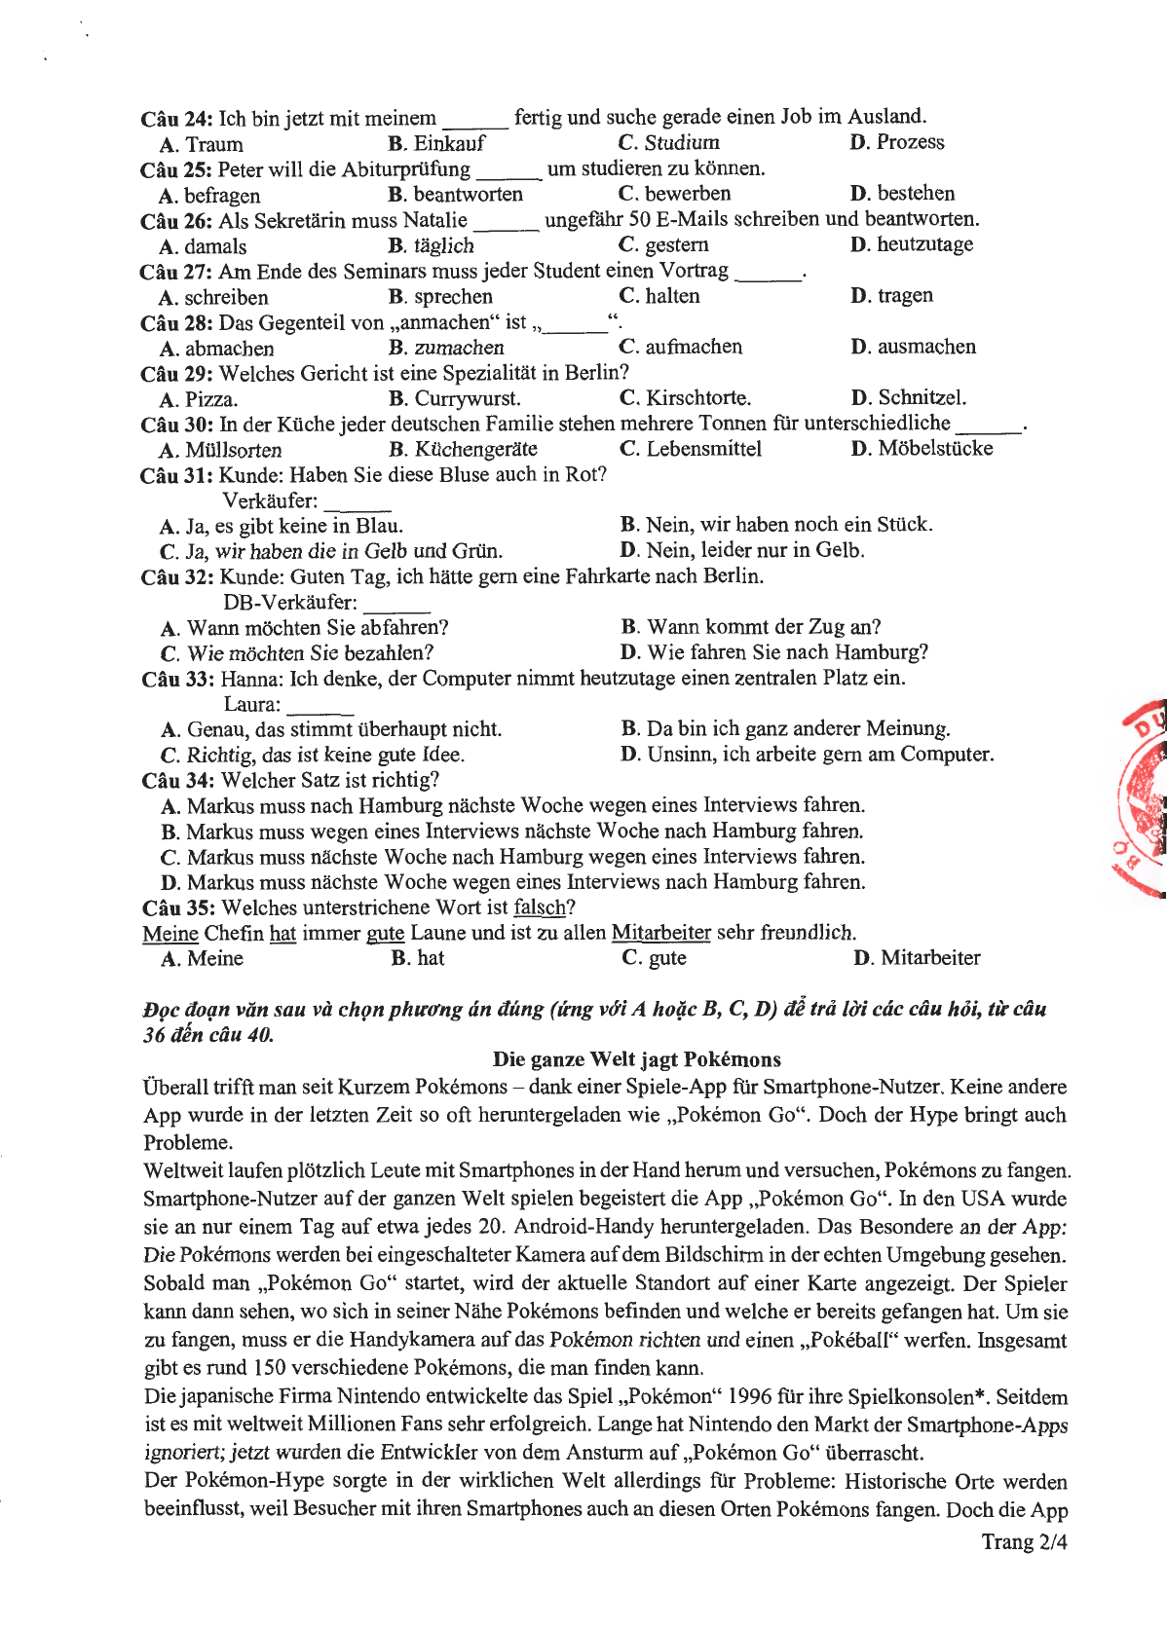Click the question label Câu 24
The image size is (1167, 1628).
(176, 119)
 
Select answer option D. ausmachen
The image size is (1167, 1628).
(913, 347)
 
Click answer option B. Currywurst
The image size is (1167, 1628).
(454, 398)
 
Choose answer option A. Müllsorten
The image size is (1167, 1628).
(221, 450)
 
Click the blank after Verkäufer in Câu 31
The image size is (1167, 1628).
(358, 503)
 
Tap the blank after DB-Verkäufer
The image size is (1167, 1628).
(396, 605)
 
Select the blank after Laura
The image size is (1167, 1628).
(320, 706)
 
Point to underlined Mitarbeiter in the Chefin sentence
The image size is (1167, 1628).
(660, 933)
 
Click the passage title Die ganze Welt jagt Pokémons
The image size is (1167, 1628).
(636, 1059)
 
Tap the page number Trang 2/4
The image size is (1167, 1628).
(1024, 1541)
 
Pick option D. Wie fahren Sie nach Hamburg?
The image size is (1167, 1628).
(774, 652)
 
